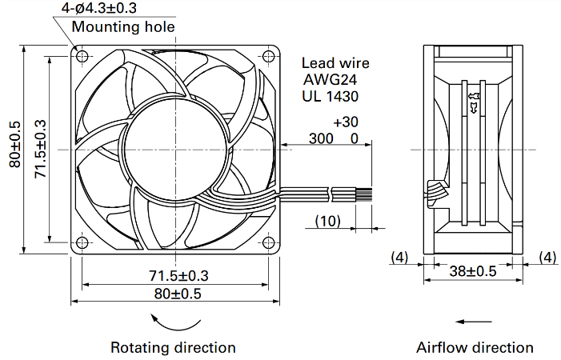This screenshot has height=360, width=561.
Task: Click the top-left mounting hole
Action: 82,56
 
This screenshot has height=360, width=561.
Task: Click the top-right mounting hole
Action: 268,56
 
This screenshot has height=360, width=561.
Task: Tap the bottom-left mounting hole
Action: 82,242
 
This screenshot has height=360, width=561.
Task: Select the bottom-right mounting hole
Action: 268,242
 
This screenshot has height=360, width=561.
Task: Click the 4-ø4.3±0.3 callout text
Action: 99,8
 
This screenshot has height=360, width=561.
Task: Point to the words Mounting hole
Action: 123,27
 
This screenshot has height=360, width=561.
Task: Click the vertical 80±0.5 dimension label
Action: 15,145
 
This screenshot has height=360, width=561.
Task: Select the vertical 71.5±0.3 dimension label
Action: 41,149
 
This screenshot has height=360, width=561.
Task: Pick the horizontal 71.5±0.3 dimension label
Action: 178,276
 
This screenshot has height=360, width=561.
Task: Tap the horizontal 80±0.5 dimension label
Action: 178,294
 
